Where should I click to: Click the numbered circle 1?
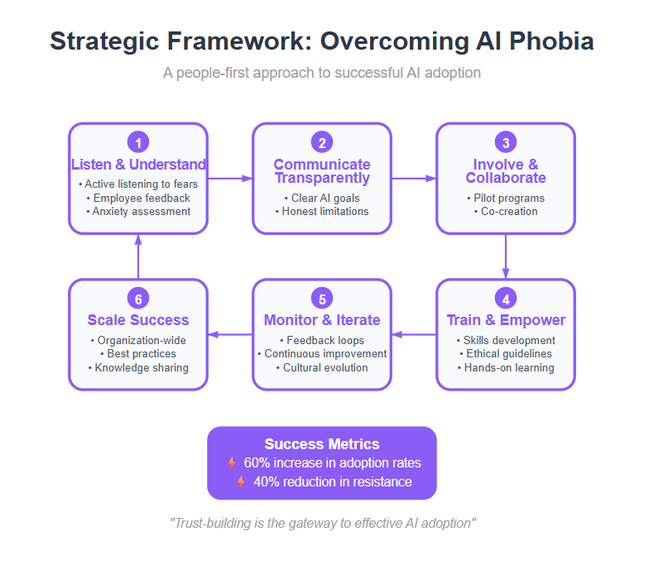click(138, 142)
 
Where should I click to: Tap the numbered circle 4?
click(506, 298)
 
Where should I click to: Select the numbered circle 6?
click(138, 298)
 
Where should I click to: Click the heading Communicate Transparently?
click(322, 170)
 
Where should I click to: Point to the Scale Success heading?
click(138, 320)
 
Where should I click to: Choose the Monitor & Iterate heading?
click(322, 320)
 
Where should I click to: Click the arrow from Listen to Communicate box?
click(230, 179)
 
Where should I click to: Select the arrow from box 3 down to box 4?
click(506, 256)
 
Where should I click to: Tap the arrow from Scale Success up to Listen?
click(138, 256)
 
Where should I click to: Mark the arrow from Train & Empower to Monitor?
click(414, 334)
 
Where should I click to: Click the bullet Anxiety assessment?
click(138, 212)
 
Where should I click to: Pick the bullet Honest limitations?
click(322, 212)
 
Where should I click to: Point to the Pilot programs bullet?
click(506, 199)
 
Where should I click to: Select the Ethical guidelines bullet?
click(506, 354)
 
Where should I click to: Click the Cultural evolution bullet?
click(322, 367)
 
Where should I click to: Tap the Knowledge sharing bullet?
click(138, 367)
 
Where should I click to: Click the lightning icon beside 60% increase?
click(232, 463)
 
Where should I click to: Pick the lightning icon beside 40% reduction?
click(241, 481)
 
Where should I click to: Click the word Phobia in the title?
click(551, 41)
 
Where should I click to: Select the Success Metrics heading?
click(322, 443)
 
